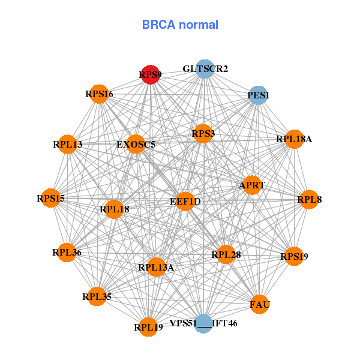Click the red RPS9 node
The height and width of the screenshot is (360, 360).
coord(150,75)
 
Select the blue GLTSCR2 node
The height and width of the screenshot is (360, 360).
coord(205,69)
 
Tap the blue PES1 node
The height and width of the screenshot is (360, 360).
coord(258,95)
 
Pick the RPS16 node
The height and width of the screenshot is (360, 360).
coord(99,94)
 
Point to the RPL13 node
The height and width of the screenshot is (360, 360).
coord(68,145)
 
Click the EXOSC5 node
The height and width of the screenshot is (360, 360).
coord(136,145)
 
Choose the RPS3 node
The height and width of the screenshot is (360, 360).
coord(203,134)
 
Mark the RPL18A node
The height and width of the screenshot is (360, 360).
coord(294,139)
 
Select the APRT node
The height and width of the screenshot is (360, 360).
coord(252,185)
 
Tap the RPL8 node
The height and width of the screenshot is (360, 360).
coord(309,199)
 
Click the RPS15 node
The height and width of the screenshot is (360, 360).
coord(50,199)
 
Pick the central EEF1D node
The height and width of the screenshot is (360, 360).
coord(185,202)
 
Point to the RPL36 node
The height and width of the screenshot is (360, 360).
coord(67,253)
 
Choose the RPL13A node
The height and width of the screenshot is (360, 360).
coord(156,267)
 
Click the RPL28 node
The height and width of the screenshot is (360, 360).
coord(226,255)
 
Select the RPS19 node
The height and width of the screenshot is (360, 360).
coord(294,257)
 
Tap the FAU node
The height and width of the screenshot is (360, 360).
coord(260,305)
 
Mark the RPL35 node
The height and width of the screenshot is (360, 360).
coord(97,296)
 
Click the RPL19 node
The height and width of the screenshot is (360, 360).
coord(148,327)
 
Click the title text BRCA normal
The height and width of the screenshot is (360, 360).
coord(180,25)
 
